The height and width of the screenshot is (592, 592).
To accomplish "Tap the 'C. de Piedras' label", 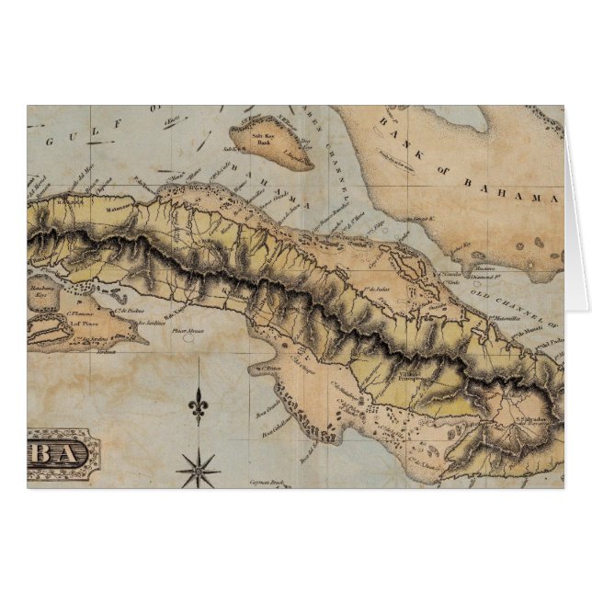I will click(x=135, y=311).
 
